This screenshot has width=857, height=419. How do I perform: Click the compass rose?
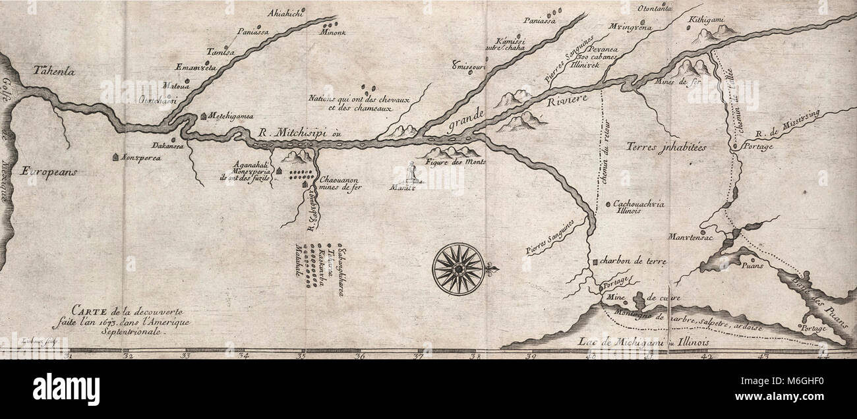pyautogui.click(x=459, y=269)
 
